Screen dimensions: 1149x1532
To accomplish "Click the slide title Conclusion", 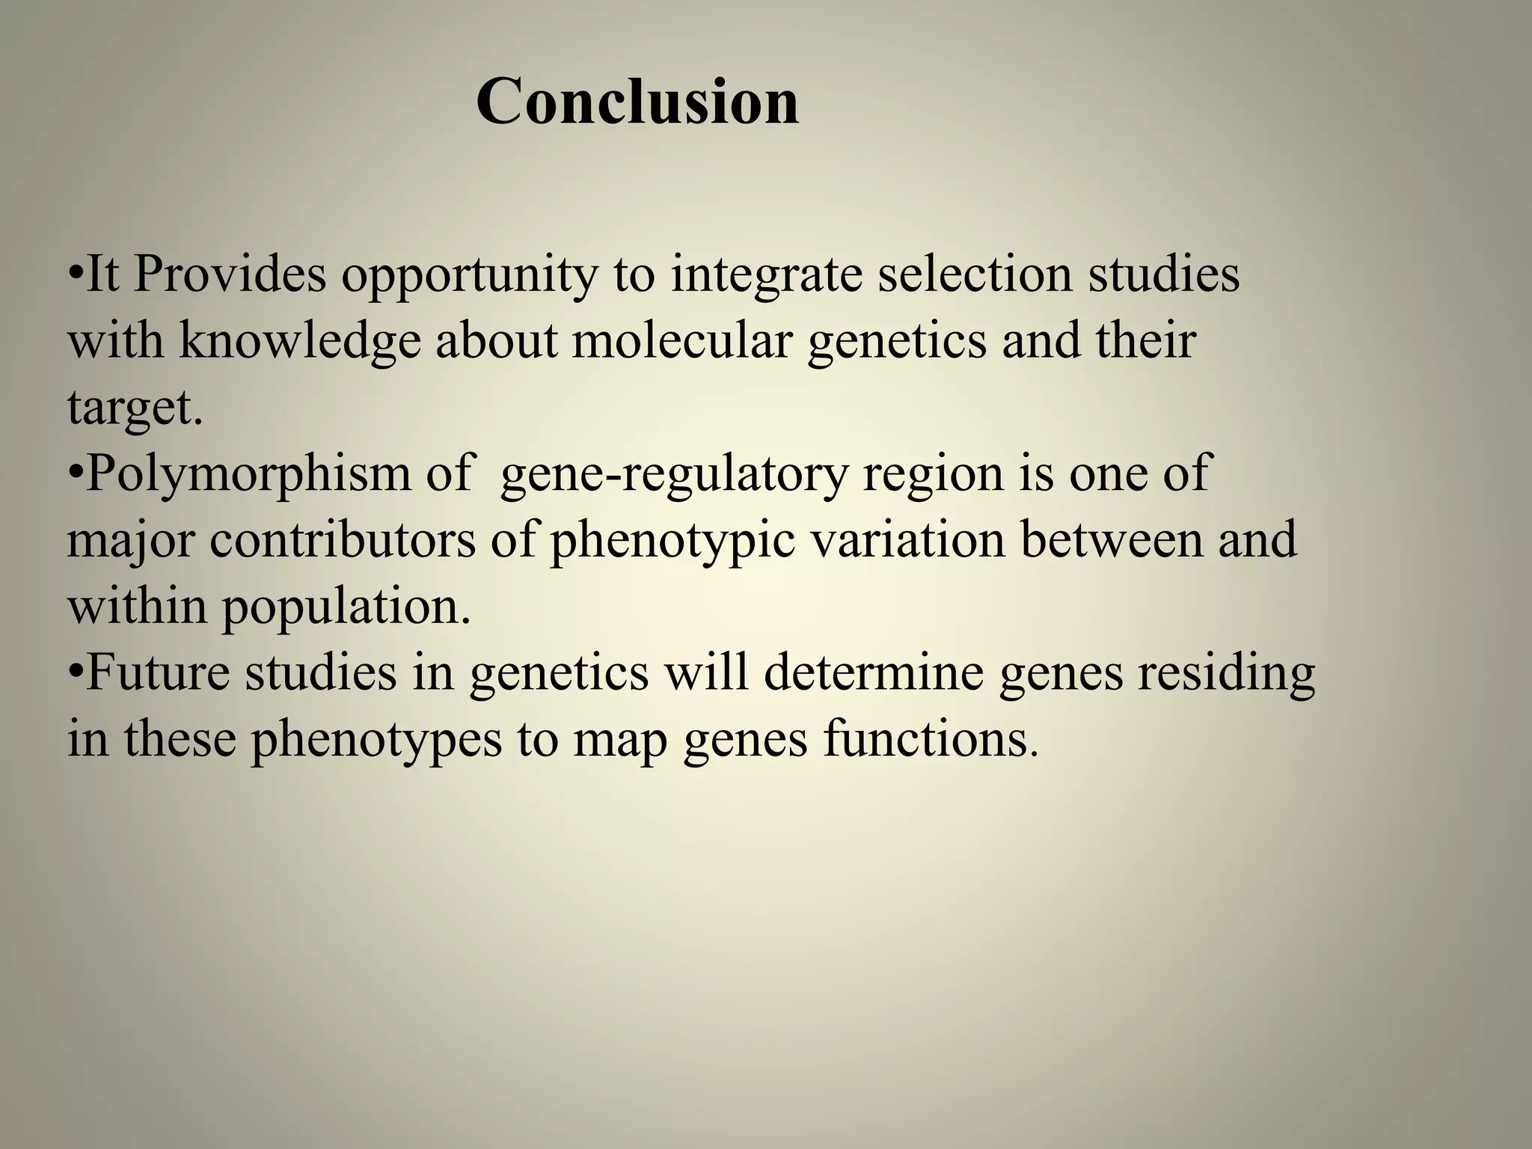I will tap(637, 102).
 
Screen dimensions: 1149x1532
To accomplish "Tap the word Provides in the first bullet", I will tap(230, 275).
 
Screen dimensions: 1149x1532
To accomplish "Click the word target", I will tap(135, 408).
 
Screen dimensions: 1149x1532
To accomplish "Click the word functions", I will tap(931, 739).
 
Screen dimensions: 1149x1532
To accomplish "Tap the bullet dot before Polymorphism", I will tap(75, 474).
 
